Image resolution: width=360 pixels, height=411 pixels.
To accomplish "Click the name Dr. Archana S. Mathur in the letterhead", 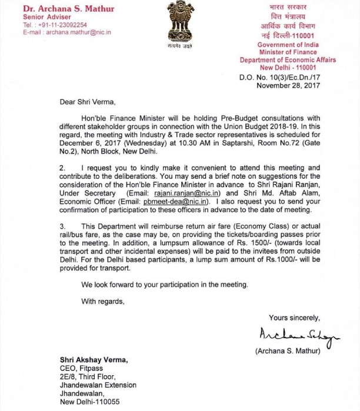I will point(61,8).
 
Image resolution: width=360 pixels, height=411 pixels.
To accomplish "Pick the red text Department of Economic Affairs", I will point(288,60).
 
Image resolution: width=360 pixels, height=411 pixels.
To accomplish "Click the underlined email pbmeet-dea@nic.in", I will point(175,201).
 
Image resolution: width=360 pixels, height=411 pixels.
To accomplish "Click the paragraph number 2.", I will point(62,168).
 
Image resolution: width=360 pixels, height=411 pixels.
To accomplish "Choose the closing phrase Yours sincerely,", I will point(295,318).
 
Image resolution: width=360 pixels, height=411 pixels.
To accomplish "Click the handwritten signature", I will point(298,335).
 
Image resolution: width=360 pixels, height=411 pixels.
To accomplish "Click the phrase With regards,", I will point(103,302).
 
